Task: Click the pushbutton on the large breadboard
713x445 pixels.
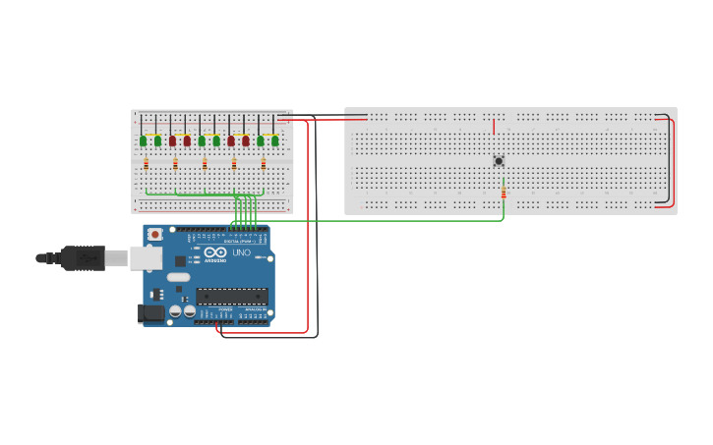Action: (x=499, y=161)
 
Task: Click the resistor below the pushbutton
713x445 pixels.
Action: (x=504, y=191)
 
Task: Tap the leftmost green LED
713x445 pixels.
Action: (x=143, y=140)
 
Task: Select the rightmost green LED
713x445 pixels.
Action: (x=274, y=140)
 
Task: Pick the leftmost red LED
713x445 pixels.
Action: (x=172, y=140)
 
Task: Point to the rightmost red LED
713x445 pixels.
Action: (x=245, y=140)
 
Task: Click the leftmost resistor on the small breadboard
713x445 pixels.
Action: (x=146, y=164)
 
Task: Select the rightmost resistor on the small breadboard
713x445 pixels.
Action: (x=263, y=164)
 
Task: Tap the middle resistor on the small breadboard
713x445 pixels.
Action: (x=205, y=164)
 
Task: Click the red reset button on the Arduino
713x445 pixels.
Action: (x=154, y=235)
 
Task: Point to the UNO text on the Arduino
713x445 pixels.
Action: (x=241, y=253)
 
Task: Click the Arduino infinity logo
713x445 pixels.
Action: (x=215, y=251)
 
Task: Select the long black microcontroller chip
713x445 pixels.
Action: (x=231, y=296)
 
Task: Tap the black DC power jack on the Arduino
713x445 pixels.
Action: (x=150, y=313)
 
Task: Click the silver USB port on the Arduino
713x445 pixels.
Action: (x=147, y=257)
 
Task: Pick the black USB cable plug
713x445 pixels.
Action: (x=84, y=257)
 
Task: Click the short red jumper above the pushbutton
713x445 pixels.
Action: (x=494, y=127)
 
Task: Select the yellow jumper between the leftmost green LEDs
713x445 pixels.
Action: (x=149, y=133)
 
